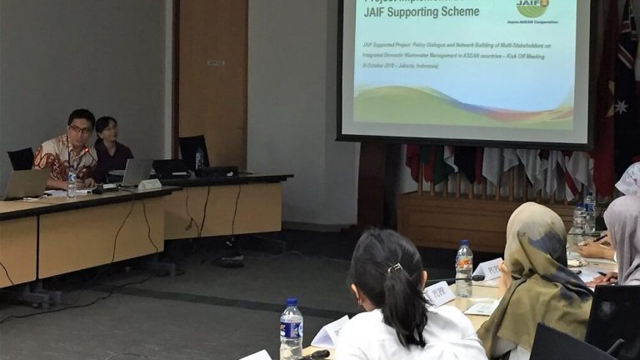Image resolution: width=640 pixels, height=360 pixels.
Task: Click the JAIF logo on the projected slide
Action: (x=532, y=7)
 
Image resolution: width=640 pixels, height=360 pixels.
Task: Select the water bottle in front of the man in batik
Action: (x=72, y=182)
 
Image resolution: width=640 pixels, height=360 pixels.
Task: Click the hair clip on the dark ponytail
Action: (x=394, y=267)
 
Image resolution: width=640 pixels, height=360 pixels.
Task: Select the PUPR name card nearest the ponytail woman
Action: (x=440, y=293)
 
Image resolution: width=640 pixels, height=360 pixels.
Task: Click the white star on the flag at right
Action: (x=621, y=107)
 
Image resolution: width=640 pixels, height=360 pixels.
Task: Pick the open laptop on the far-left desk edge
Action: (x=25, y=184)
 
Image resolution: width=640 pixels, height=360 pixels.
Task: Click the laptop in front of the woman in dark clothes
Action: (x=136, y=172)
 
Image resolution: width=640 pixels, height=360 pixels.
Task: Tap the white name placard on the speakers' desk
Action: (x=150, y=184)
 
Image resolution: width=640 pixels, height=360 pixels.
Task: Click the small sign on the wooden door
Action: (x=216, y=62)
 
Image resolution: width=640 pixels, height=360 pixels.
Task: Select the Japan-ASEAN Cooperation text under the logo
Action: (x=532, y=22)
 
